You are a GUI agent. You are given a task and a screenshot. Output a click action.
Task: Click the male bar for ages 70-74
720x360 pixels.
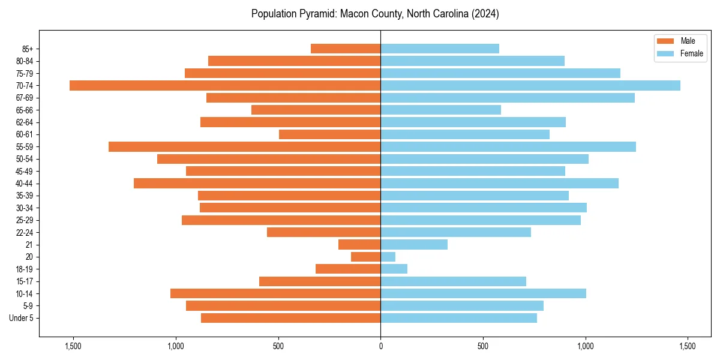pyautogui.click(x=225, y=86)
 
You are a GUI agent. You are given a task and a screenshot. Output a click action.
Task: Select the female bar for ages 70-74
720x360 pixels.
pyautogui.click(x=530, y=86)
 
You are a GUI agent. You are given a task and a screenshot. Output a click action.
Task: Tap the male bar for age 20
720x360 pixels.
pyautogui.click(x=365, y=257)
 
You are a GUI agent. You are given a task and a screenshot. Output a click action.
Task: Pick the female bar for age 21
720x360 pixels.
pyautogui.click(x=414, y=245)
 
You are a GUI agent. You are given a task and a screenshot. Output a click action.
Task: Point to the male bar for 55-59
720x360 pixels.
pyautogui.click(x=244, y=147)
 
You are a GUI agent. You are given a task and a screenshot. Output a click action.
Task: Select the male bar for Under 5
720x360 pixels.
pyautogui.click(x=290, y=318)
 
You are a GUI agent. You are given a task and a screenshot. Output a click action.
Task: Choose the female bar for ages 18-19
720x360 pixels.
pyautogui.click(x=394, y=269)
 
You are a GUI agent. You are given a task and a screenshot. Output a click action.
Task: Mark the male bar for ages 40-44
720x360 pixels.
pyautogui.click(x=257, y=184)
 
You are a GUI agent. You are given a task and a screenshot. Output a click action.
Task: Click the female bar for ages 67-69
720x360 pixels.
pyautogui.click(x=508, y=98)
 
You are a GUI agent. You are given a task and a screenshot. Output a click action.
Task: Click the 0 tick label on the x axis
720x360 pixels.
pyautogui.click(x=380, y=347)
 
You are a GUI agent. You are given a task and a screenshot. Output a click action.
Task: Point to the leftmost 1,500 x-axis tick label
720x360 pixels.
pyautogui.click(x=73, y=347)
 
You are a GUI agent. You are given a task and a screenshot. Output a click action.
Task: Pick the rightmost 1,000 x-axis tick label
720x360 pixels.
pyautogui.click(x=585, y=347)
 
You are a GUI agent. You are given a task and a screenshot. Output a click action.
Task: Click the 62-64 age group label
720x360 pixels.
pyautogui.click(x=25, y=122)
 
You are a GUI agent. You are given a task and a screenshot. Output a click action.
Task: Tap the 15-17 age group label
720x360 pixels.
pyautogui.click(x=25, y=281)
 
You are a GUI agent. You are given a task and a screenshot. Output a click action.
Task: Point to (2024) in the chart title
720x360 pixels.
pyautogui.click(x=485, y=14)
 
